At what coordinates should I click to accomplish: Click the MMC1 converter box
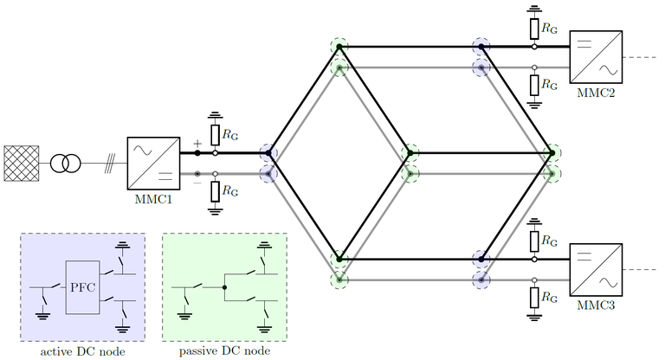click(x=153, y=162)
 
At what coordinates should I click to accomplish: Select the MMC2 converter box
click(x=595, y=56)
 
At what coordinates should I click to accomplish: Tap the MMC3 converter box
click(x=595, y=270)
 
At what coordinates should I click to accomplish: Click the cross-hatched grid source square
click(x=22, y=163)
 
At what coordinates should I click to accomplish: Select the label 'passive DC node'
click(x=224, y=350)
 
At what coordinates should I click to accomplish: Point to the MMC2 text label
click(x=595, y=91)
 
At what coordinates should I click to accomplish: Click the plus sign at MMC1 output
click(x=197, y=144)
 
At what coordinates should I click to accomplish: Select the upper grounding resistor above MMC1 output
click(x=215, y=134)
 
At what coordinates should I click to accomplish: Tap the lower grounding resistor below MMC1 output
click(x=215, y=190)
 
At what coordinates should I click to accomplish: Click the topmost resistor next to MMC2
click(x=534, y=29)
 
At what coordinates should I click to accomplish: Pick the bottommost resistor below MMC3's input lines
click(x=534, y=297)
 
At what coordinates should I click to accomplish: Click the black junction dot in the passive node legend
click(x=224, y=286)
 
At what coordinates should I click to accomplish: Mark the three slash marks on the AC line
click(x=110, y=163)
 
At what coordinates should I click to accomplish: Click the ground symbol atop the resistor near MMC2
click(x=534, y=10)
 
